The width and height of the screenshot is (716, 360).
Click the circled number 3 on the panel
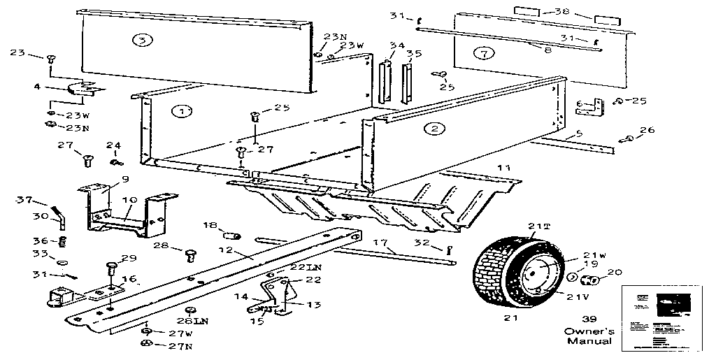point(142,41)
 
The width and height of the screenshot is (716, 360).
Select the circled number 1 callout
point(182,110)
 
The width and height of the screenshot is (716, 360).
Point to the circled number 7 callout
point(479,52)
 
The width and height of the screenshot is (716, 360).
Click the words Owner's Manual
point(589,336)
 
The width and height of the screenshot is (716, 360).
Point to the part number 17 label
point(380,243)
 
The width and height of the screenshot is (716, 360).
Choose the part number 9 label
point(124,180)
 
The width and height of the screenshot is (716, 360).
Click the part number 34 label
point(397,46)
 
